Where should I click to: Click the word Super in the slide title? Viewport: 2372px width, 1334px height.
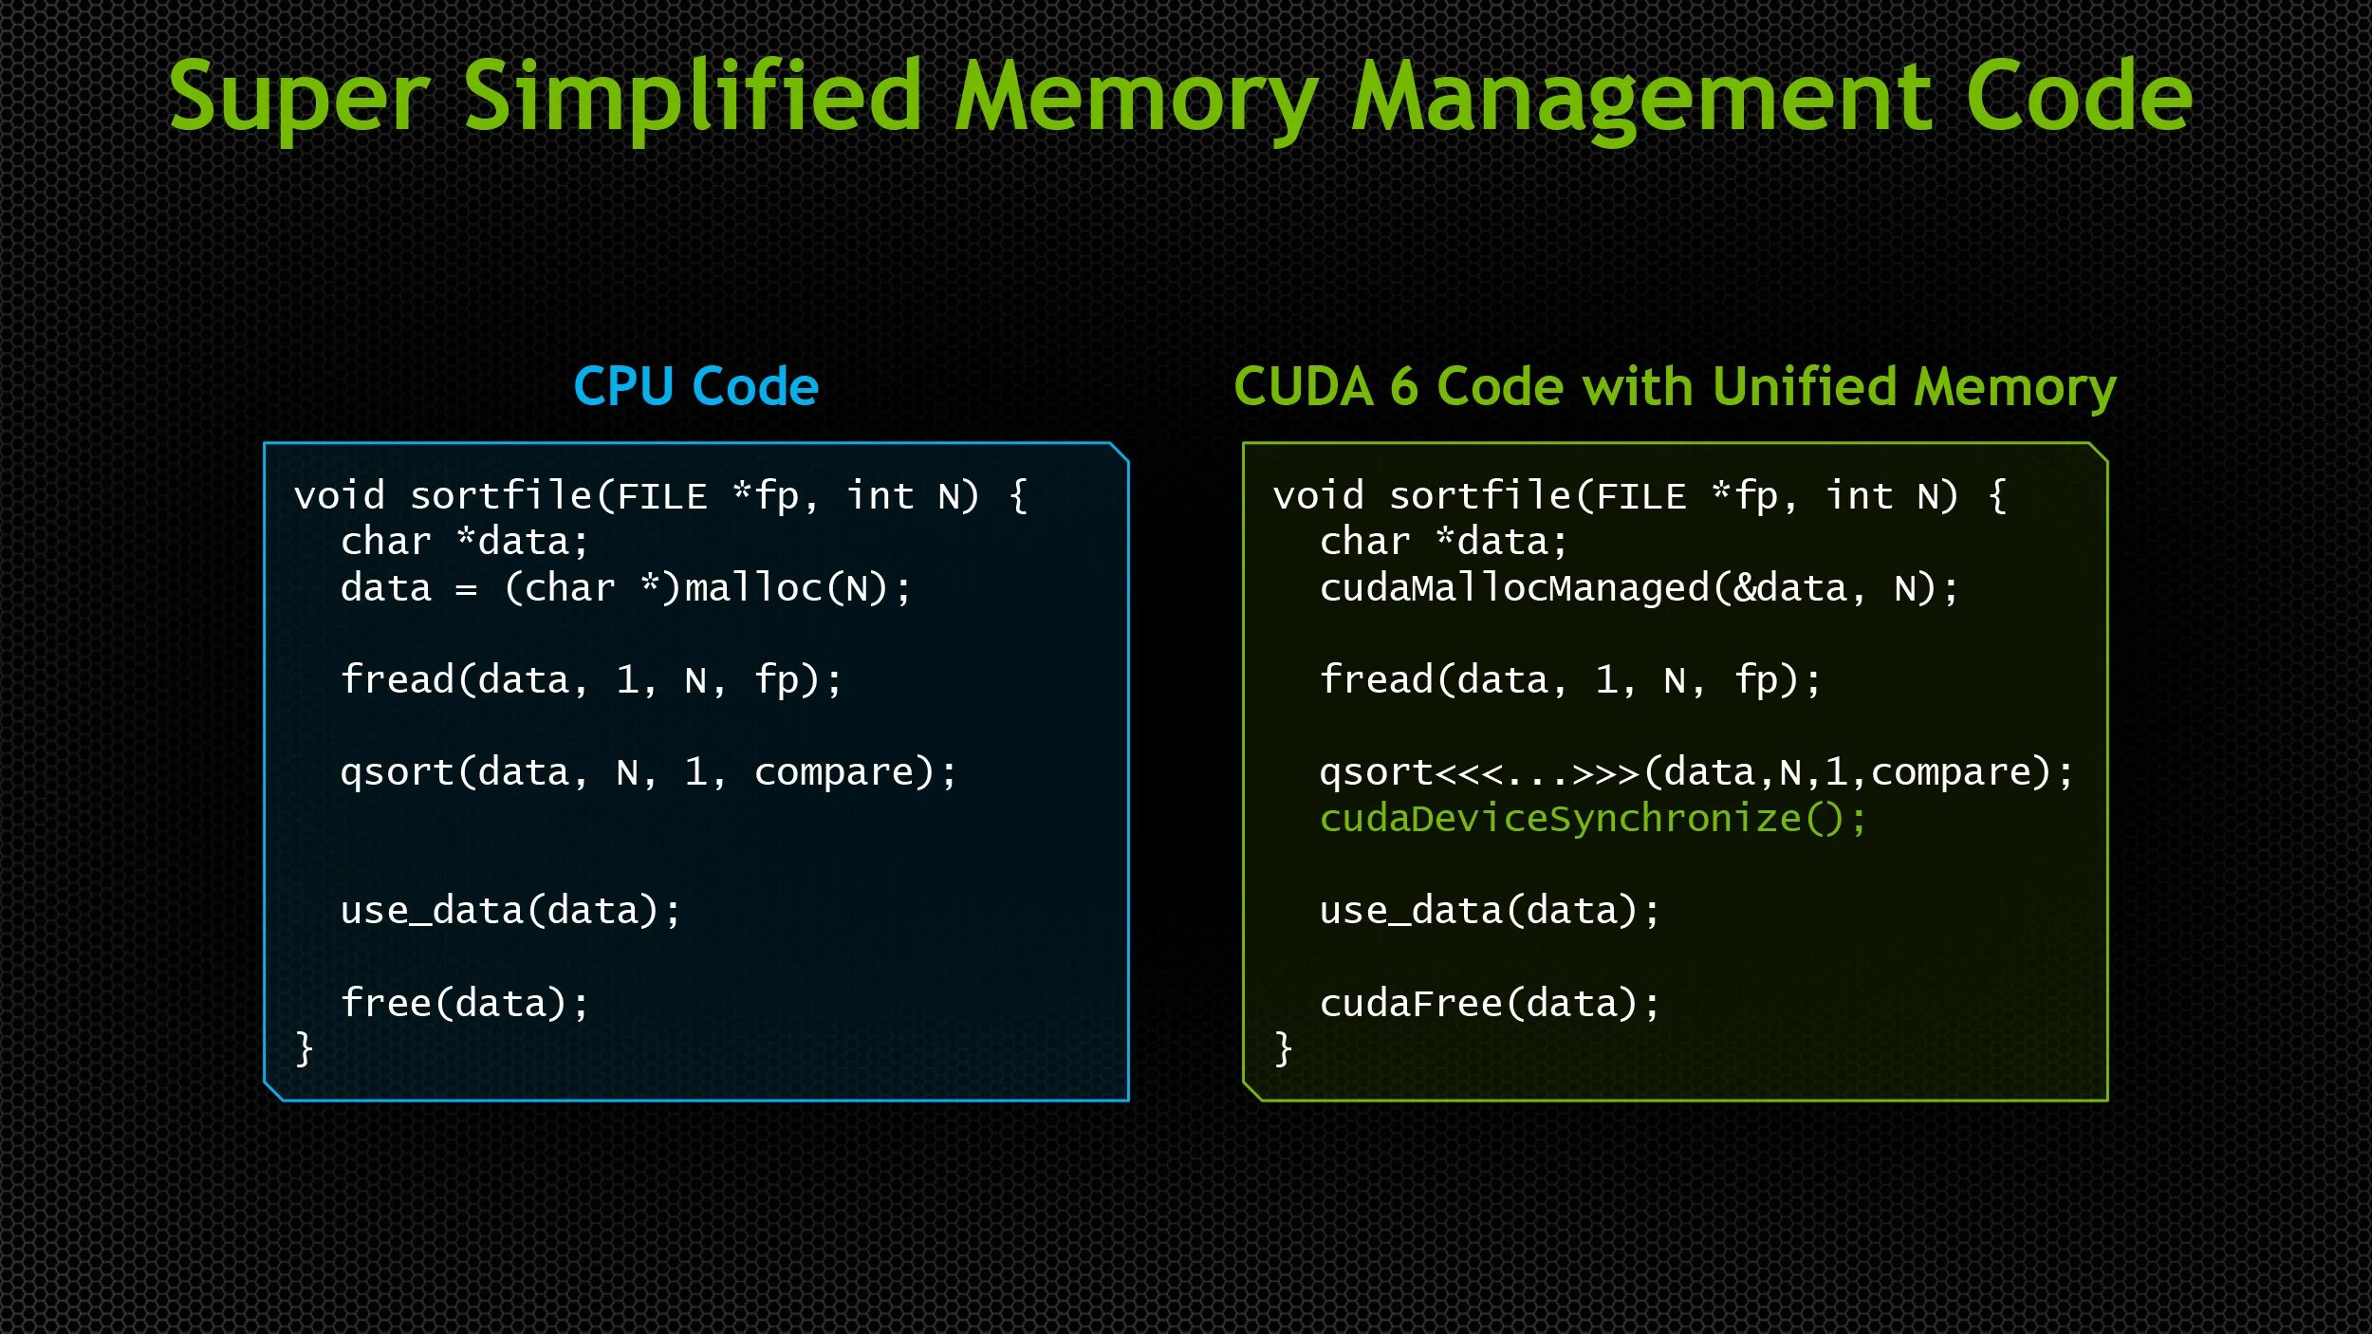(x=299, y=97)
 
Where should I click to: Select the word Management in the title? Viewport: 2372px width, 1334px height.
(x=1641, y=97)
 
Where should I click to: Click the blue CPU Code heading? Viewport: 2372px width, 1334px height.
(x=695, y=387)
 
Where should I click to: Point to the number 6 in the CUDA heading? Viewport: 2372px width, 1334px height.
(x=1403, y=387)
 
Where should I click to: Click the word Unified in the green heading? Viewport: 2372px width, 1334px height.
(x=1807, y=387)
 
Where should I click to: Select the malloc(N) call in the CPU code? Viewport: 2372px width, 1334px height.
(x=796, y=589)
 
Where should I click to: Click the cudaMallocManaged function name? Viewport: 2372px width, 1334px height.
(x=1514, y=589)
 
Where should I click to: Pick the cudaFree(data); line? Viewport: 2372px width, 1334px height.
(x=1490, y=1004)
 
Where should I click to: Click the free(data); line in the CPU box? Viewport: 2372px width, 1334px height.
(x=464, y=1004)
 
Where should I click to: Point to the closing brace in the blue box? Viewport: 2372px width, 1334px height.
(x=304, y=1049)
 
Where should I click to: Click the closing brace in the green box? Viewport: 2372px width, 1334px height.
(x=1283, y=1049)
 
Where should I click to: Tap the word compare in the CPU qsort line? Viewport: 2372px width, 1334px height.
(x=830, y=773)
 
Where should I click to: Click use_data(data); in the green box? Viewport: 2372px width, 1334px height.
(x=1490, y=911)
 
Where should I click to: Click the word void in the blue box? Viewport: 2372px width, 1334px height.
(x=340, y=496)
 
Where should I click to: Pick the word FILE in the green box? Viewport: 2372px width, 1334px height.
(x=1640, y=496)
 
